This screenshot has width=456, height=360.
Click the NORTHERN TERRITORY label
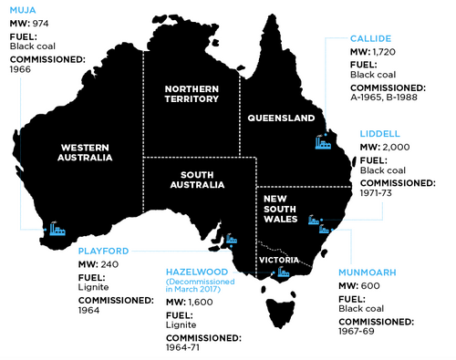point(191,95)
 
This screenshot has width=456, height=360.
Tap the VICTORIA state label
point(275,259)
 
